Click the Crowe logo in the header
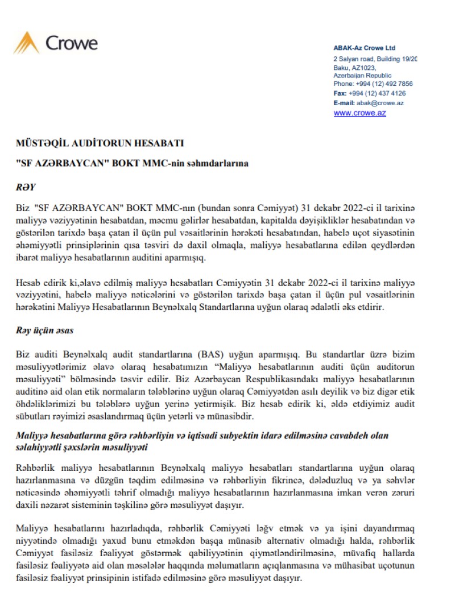point(56,43)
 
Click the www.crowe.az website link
point(359,113)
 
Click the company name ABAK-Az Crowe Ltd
point(364,48)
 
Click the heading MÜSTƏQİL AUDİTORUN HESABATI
point(100,143)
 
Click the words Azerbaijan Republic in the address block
point(362,76)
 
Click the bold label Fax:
point(340,93)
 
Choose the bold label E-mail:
point(344,103)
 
